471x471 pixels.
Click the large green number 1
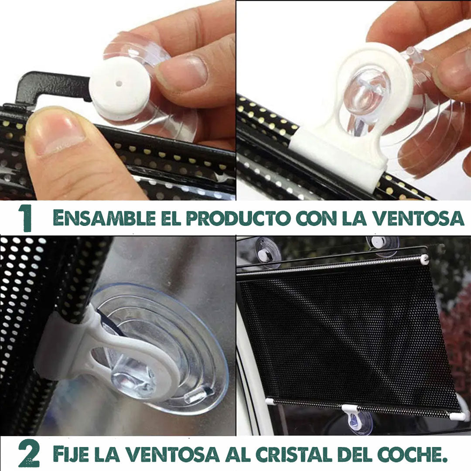(25, 218)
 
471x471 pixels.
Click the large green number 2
(28, 454)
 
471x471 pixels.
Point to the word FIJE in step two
(71, 454)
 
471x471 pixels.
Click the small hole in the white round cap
(119, 83)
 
